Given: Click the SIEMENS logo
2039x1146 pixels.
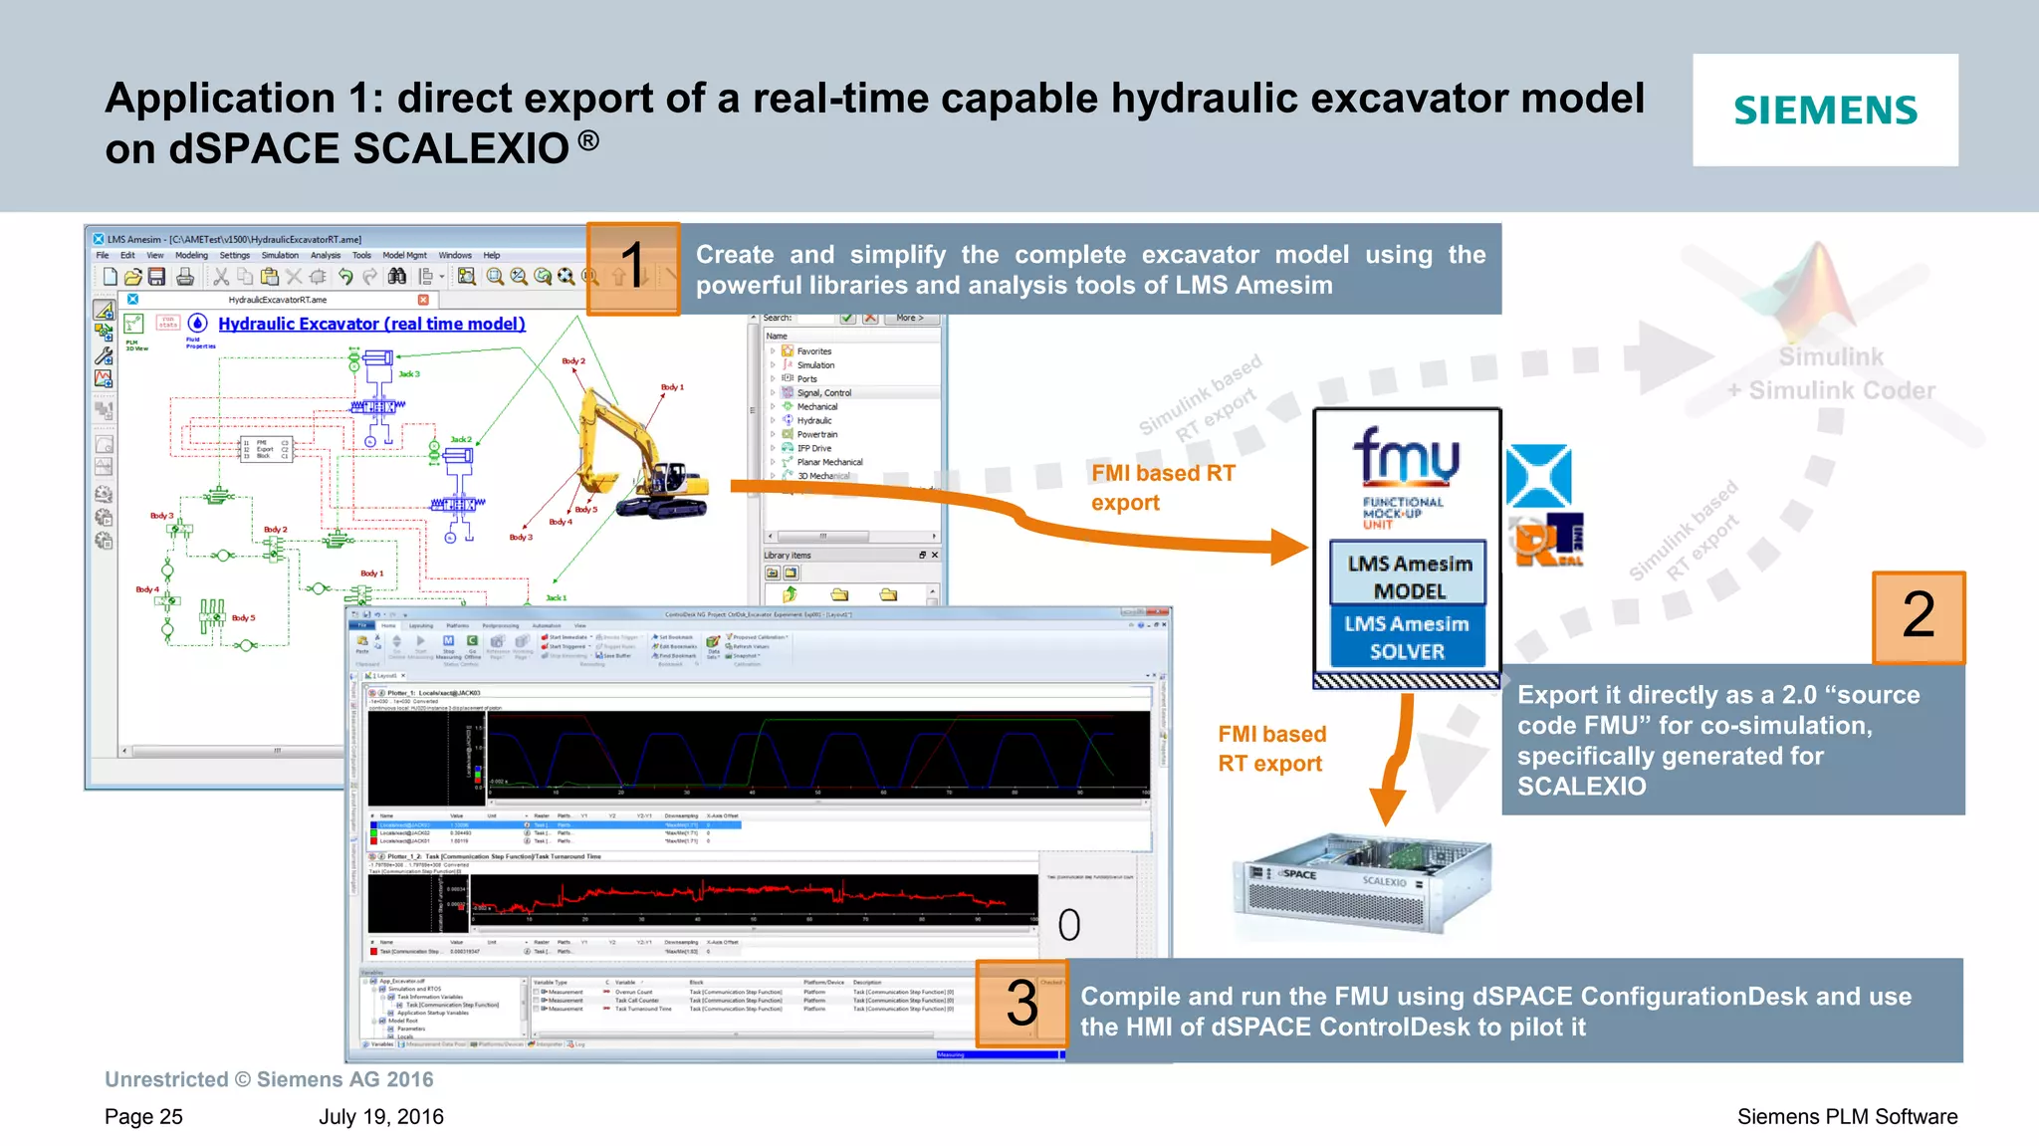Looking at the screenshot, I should pyautogui.click(x=1825, y=111).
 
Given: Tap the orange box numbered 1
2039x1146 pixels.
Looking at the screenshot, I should pyautogui.click(x=633, y=268).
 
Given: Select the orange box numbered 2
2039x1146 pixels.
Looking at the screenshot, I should pyautogui.click(x=1918, y=616).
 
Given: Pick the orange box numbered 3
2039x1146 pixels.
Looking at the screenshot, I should pyautogui.click(x=1021, y=1003).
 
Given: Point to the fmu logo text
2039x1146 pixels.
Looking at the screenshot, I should pyautogui.click(x=1406, y=457).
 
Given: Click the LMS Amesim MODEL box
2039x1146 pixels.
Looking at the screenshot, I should pyautogui.click(x=1409, y=576).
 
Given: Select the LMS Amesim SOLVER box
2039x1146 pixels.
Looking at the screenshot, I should pyautogui.click(x=1407, y=637).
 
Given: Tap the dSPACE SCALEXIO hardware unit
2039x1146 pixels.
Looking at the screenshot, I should pyautogui.click(x=1361, y=883).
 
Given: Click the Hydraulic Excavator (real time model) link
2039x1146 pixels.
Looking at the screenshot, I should pyautogui.click(x=371, y=324).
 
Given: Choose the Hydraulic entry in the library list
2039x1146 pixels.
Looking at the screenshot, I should pyautogui.click(x=813, y=420).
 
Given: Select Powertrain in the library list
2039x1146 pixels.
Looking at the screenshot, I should pyautogui.click(x=816, y=434).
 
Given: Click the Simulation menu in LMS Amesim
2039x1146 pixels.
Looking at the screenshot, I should pyautogui.click(x=280, y=255).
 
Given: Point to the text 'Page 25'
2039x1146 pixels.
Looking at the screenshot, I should pyautogui.click(x=143, y=1116).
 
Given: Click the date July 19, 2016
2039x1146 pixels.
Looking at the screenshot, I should pyautogui.click(x=381, y=1116).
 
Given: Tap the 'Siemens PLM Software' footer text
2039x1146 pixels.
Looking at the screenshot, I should pyautogui.click(x=1847, y=1116).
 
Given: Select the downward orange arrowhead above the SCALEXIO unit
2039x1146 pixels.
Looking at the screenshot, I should pyautogui.click(x=1387, y=805).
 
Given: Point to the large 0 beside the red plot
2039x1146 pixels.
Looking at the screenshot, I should pyautogui.click(x=1069, y=925).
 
